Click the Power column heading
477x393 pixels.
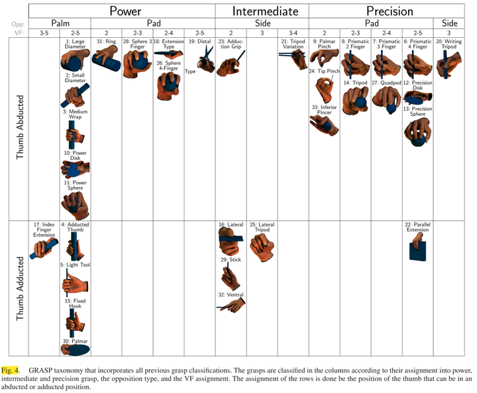125,11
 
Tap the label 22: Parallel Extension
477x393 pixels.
417,227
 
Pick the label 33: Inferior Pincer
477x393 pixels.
324,111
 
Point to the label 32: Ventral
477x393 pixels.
231,295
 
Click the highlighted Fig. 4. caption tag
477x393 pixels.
11,369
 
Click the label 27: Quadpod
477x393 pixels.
384,83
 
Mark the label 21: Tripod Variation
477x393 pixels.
293,44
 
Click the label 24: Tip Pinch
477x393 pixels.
324,71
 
